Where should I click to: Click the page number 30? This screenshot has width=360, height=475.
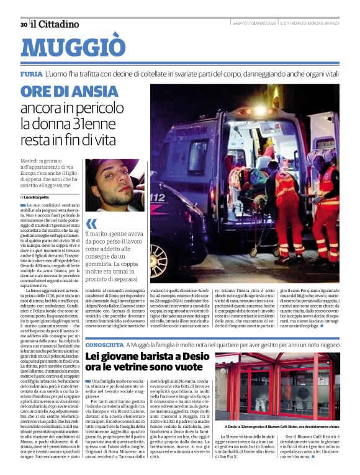tap(24, 25)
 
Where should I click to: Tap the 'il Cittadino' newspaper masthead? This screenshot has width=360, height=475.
tap(55, 24)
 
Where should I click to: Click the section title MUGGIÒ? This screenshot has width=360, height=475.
tap(73, 48)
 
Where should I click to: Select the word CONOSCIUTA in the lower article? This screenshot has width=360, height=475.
tap(104, 344)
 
